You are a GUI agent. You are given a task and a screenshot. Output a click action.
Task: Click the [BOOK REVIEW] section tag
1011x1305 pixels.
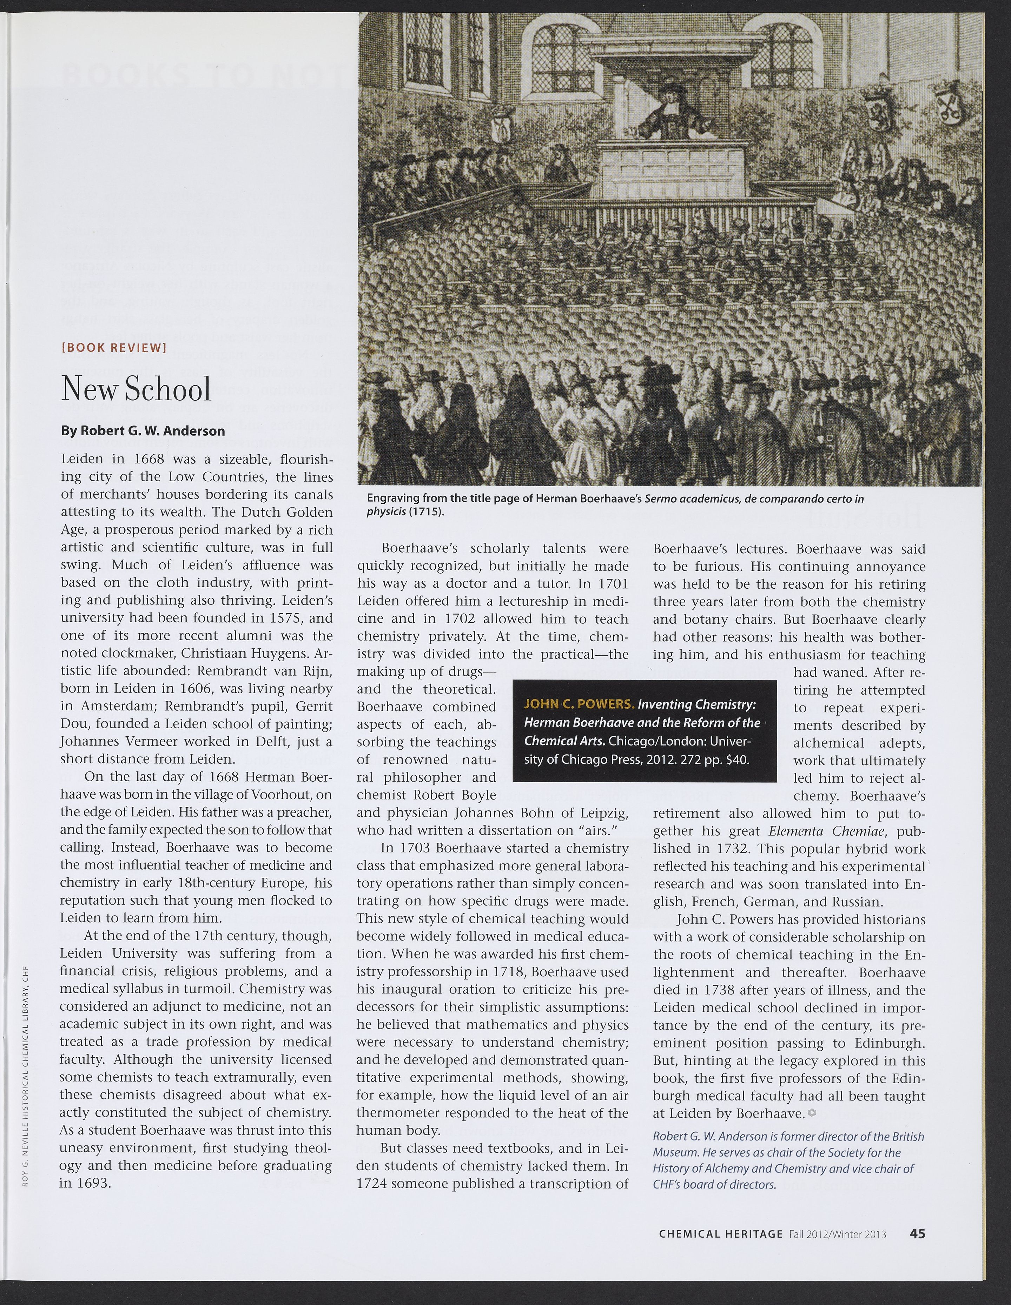coord(114,348)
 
